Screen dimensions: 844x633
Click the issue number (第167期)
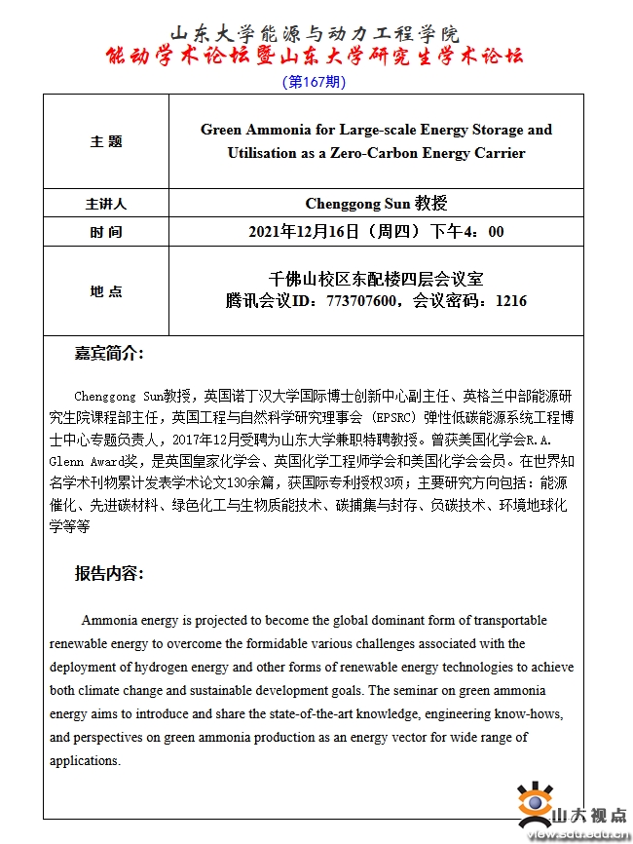tap(314, 82)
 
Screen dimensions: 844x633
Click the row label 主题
tap(106, 141)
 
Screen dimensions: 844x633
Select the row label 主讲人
tap(106, 205)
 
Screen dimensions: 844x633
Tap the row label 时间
tap(106, 232)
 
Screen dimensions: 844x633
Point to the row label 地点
tap(106, 291)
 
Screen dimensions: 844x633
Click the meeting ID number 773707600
tap(362, 301)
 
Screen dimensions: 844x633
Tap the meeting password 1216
tap(510, 301)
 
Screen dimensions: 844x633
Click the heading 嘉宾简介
tap(109, 353)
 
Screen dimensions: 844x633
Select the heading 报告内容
tap(109, 573)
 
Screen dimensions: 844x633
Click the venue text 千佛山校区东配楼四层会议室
tap(376, 279)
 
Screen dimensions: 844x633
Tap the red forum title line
tap(314, 57)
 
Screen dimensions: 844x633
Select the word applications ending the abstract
tap(85, 760)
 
